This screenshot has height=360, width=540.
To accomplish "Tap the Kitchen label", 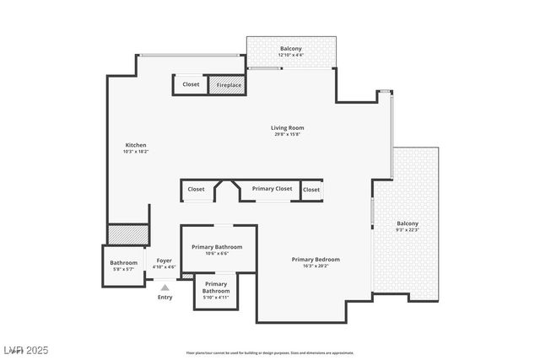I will [x=136, y=145].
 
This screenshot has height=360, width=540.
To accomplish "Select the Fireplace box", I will [x=229, y=85].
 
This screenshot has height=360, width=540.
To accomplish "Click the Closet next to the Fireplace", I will [x=191, y=84].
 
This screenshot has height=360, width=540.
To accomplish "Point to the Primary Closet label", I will [x=272, y=189].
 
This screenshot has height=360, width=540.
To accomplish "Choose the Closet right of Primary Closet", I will [x=311, y=190].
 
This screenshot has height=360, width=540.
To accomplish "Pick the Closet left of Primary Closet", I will [x=196, y=190].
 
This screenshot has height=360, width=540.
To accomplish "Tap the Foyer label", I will [x=164, y=261].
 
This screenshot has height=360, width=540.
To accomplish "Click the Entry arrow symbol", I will [x=165, y=287].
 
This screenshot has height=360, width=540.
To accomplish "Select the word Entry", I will [x=165, y=297].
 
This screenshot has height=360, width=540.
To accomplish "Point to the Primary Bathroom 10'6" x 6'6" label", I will [x=217, y=247].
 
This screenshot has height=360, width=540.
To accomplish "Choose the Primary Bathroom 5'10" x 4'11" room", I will [x=215, y=292].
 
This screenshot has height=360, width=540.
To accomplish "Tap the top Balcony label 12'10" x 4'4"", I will [x=291, y=49].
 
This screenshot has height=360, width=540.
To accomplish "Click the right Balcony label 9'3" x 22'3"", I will [x=408, y=223].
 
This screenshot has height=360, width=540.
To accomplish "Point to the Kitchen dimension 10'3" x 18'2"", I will [x=136, y=152].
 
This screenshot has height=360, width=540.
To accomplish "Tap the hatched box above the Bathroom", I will [x=128, y=234].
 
